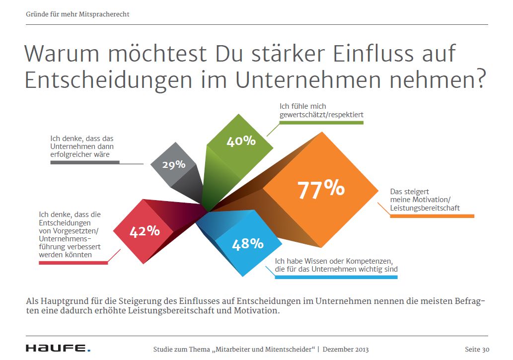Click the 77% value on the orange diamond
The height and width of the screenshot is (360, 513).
(x=321, y=189)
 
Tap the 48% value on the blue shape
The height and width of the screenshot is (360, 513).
(x=247, y=243)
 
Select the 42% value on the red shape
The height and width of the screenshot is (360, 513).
(x=145, y=231)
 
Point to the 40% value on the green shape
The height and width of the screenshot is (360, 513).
(x=241, y=141)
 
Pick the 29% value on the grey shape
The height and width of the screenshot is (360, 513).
(x=174, y=164)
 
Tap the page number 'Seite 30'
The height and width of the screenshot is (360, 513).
(x=477, y=349)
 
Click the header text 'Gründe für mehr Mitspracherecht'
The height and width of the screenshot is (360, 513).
(x=77, y=14)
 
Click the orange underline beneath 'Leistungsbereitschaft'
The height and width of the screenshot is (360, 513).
(x=432, y=216)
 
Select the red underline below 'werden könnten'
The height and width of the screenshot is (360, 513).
(x=73, y=262)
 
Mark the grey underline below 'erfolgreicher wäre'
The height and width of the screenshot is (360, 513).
(x=85, y=162)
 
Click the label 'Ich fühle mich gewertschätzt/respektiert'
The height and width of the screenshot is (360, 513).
(x=321, y=110)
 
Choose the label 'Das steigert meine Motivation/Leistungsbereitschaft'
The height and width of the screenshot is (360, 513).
(x=425, y=200)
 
